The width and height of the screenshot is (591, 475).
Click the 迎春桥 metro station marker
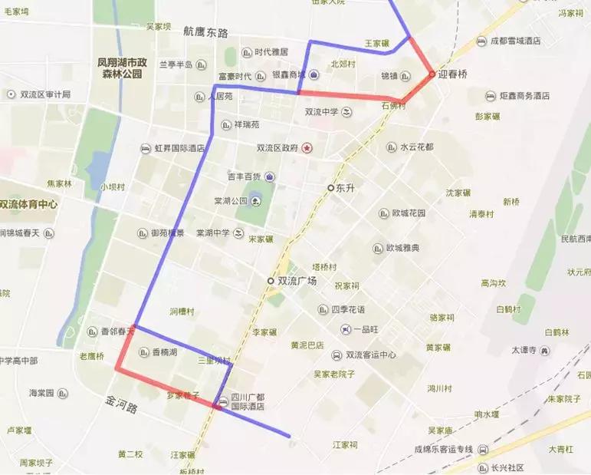(x=432, y=74)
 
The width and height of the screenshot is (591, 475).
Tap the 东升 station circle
(x=330, y=187)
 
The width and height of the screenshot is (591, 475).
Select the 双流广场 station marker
(x=270, y=281)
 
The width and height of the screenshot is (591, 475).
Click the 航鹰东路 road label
(x=206, y=33)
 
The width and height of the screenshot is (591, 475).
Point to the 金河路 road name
(x=122, y=404)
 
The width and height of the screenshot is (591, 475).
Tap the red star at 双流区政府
(x=307, y=147)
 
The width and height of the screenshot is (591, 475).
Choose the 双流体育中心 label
(x=28, y=205)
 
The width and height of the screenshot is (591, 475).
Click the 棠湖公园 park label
(x=231, y=201)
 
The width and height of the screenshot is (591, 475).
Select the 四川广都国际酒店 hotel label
(x=249, y=401)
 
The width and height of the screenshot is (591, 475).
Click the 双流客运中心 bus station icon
(x=337, y=355)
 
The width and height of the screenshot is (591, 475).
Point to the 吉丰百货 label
(x=245, y=176)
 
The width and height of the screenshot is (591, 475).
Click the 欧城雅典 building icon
(x=377, y=248)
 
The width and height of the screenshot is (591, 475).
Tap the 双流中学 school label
(x=322, y=112)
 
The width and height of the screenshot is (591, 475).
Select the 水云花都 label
(x=417, y=147)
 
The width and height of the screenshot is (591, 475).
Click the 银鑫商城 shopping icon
(x=314, y=75)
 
